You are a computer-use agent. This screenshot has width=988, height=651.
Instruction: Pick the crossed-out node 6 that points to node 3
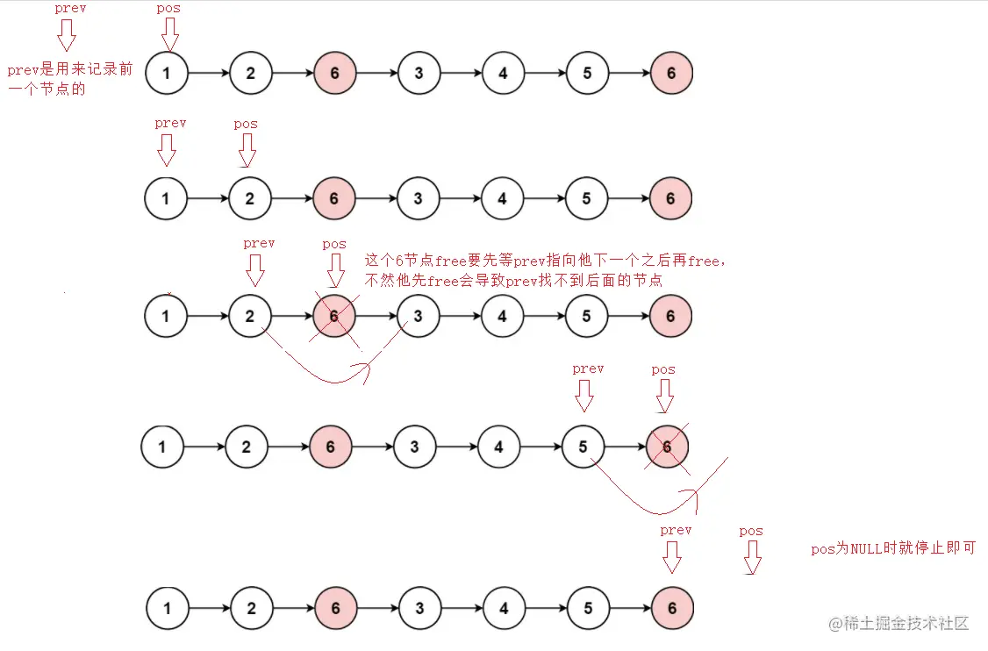coord(334,316)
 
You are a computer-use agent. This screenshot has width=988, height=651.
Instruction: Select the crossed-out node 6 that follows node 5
coord(668,447)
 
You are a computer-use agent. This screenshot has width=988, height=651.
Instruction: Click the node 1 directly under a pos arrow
coord(167,73)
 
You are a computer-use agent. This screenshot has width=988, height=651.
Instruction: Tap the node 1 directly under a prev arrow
coord(166,199)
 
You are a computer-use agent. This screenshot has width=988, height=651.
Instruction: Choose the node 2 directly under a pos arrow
coord(250,199)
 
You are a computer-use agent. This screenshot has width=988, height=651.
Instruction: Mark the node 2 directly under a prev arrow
coord(250,316)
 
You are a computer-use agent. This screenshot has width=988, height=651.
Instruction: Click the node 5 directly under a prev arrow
coord(583,447)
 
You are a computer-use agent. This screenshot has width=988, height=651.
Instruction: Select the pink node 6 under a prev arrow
coord(672,608)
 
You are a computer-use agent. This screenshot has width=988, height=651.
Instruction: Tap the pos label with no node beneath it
coord(751,531)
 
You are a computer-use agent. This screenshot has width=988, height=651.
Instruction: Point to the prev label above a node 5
coord(588,369)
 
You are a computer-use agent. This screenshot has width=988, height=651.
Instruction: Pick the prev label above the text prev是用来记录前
coord(69,8)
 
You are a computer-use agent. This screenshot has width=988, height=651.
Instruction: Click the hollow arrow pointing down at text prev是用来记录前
coord(67,36)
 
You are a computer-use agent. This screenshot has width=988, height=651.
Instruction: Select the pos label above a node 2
coord(246,124)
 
